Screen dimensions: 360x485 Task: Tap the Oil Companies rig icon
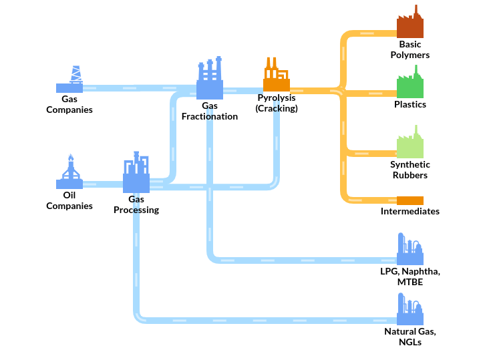[x=69, y=173]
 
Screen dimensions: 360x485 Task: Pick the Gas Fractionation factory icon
[x=210, y=79]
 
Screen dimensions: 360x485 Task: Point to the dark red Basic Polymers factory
[x=410, y=23]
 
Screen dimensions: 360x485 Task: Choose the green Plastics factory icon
[x=410, y=83]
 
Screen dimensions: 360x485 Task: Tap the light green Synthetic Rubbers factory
[x=410, y=143]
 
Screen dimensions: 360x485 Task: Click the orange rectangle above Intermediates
[x=410, y=200]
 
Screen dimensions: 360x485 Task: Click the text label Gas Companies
[x=69, y=104]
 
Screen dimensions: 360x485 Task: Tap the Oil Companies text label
[x=69, y=200]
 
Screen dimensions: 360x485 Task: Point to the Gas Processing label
[x=136, y=204]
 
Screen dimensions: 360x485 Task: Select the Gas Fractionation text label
[x=210, y=111]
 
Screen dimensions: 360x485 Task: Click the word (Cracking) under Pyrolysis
[x=277, y=108]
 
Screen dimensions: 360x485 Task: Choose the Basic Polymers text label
[x=410, y=50]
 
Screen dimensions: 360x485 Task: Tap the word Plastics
[x=410, y=104]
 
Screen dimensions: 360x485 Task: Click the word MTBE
[x=410, y=283]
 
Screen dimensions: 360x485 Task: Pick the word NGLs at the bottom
[x=410, y=342]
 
